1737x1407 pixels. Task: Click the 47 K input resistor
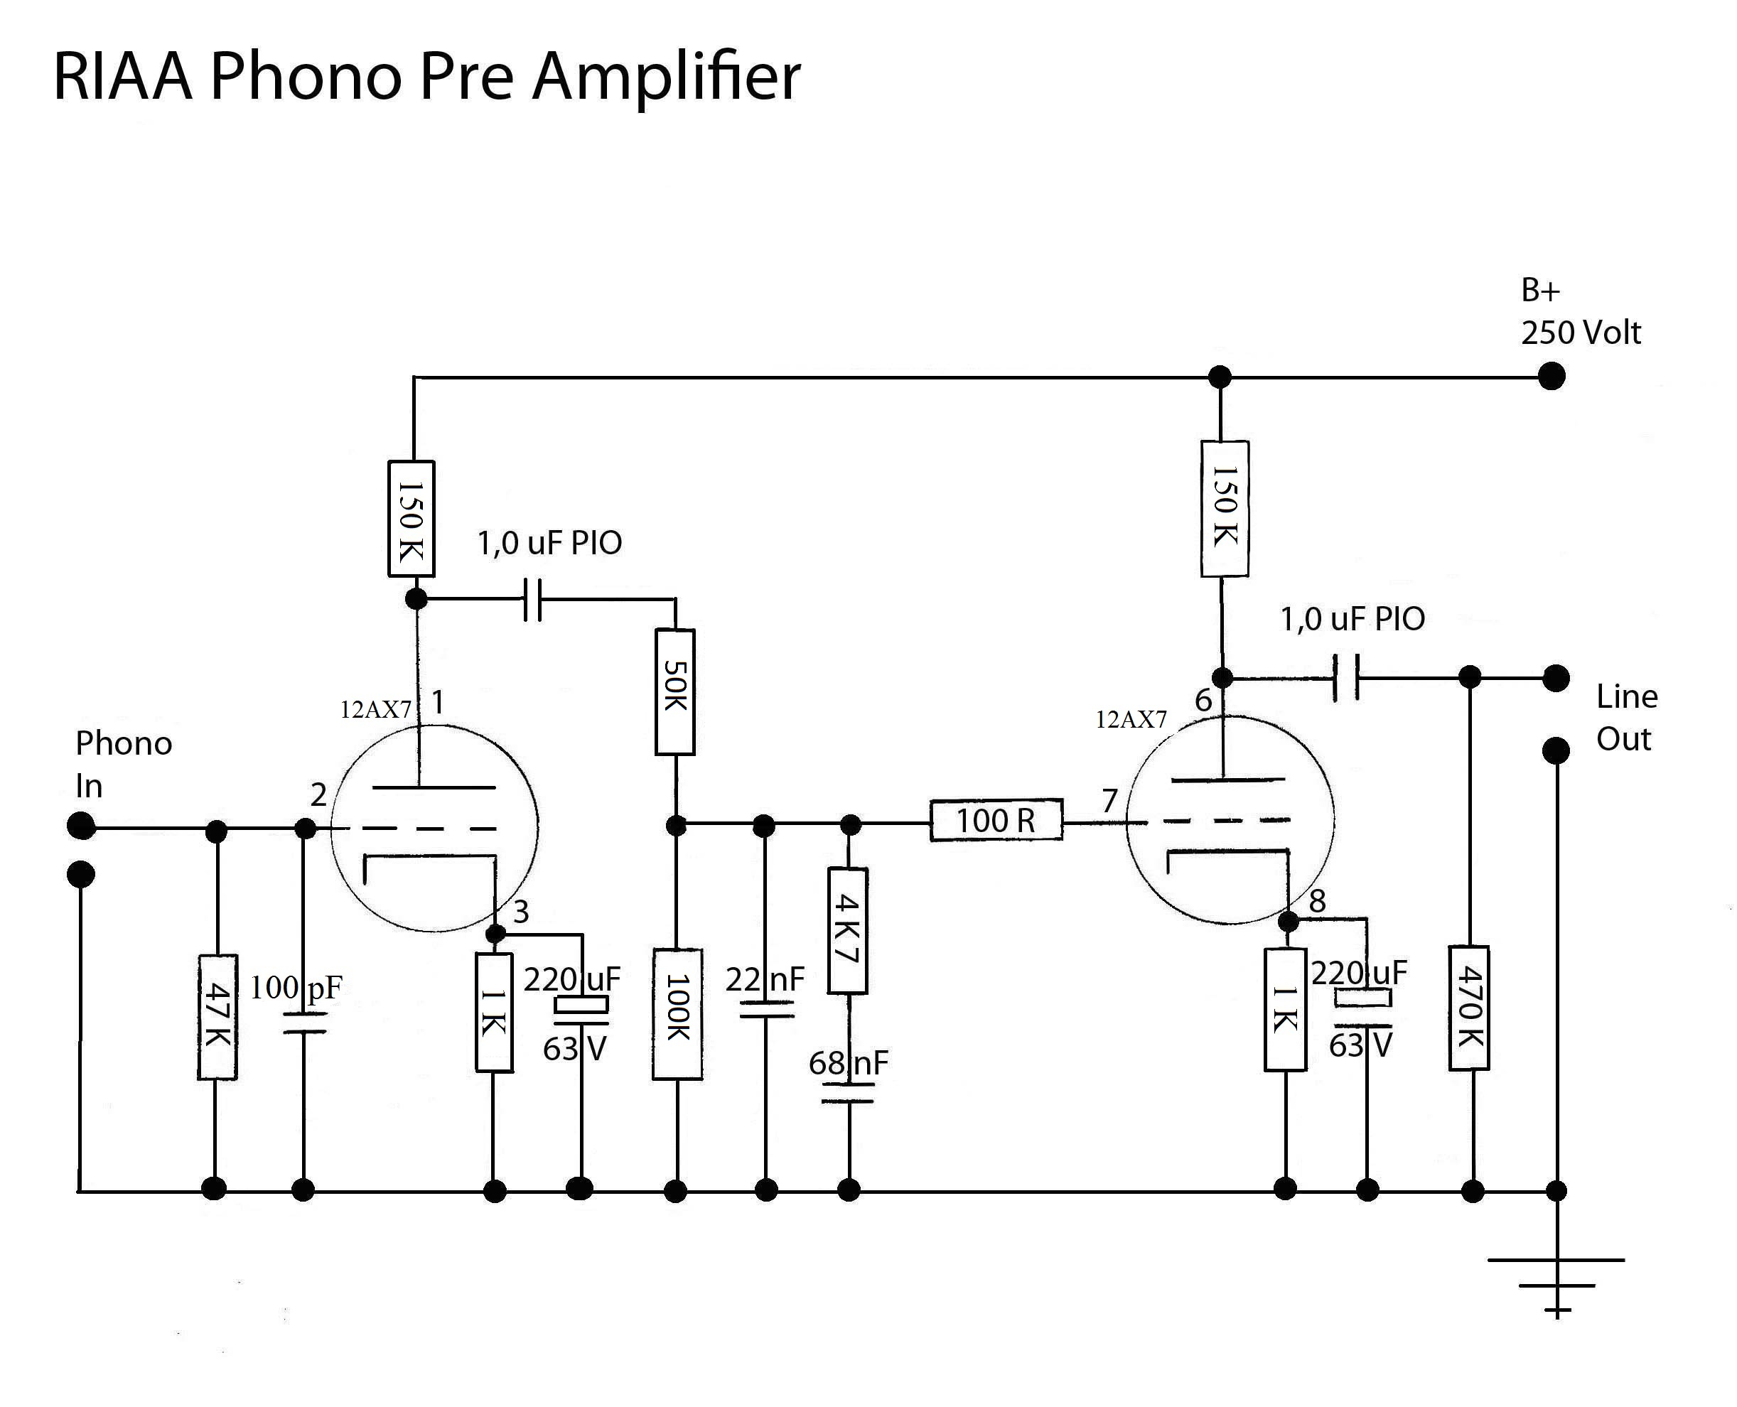tap(217, 1016)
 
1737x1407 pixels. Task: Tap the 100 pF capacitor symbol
tap(304, 1022)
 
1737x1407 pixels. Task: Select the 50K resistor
tap(674, 691)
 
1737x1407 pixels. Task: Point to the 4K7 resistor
tap(848, 930)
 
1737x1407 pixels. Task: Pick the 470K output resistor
tap(1469, 1008)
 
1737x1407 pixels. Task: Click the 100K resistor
tap(677, 1014)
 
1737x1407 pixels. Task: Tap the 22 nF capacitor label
tap(764, 979)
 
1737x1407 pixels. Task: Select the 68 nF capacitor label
tap(848, 1062)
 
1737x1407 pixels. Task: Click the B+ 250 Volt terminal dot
tap(1552, 376)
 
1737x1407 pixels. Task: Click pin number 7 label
tap(1109, 801)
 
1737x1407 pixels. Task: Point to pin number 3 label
tap(521, 912)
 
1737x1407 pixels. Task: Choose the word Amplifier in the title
tap(665, 76)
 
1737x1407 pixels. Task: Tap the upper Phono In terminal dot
tap(81, 826)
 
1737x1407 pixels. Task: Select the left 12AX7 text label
tap(375, 710)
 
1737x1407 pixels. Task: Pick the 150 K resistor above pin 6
tap(1224, 508)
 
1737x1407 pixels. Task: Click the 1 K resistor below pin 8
tap(1285, 1009)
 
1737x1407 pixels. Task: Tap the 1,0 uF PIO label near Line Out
tap(1352, 619)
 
